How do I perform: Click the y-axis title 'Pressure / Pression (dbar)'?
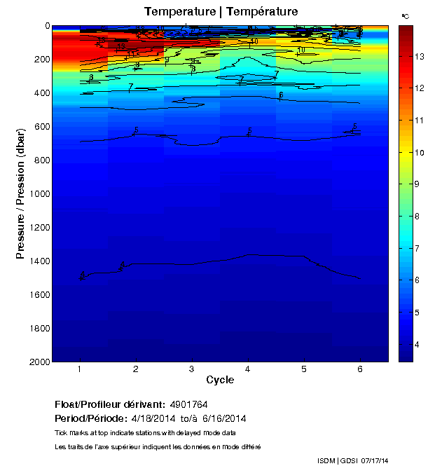coord(21,193)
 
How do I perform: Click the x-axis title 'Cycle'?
coord(220,381)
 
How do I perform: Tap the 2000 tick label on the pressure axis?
coord(39,362)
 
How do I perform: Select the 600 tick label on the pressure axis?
coord(41,127)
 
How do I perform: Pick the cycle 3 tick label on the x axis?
coord(192,369)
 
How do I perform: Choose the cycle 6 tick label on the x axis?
coord(360,369)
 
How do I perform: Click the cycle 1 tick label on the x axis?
coord(80,369)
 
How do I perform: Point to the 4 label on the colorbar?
coord(417,345)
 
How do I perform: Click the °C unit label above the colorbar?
coord(405,16)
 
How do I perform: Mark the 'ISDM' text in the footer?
coord(327,460)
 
